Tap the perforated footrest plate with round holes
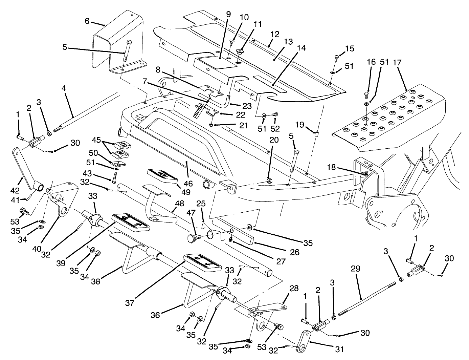(389, 119)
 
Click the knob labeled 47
(192, 238)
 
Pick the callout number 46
(188, 184)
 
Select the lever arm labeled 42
(25, 166)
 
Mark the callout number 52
(276, 129)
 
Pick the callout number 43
(87, 173)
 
